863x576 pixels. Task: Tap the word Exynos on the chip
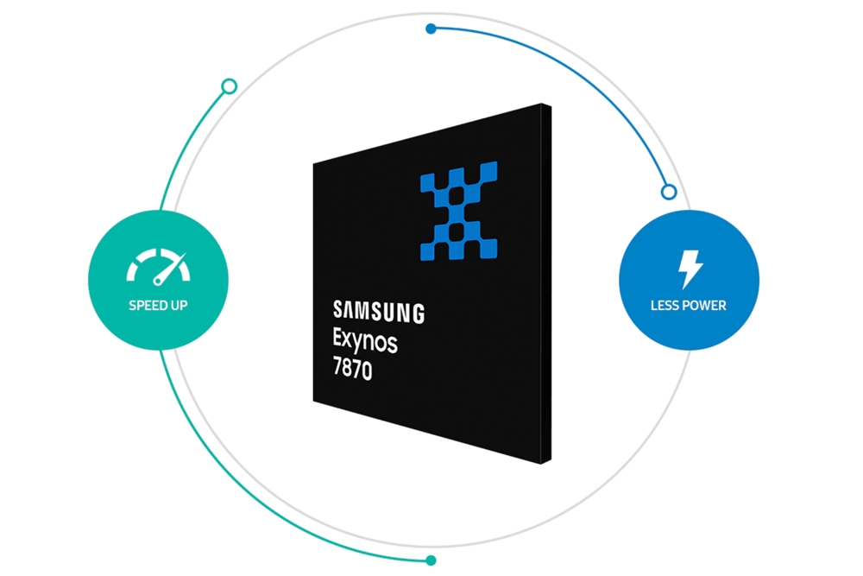tap(365, 342)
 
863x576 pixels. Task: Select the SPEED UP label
tap(158, 305)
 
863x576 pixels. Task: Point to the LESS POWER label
tap(689, 305)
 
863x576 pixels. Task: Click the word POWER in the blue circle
tap(704, 305)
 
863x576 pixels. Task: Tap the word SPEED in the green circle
tap(148, 305)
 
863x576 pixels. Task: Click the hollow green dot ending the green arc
tap(229, 86)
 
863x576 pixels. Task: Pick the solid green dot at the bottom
tap(431, 560)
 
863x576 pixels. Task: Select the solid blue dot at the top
tap(431, 28)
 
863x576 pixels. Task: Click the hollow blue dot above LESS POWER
tap(668, 192)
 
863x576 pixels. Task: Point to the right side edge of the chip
tap(547, 285)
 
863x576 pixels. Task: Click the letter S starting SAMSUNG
tap(337, 309)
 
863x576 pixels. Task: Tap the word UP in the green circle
tap(179, 305)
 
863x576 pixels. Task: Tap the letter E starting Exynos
tap(337, 340)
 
